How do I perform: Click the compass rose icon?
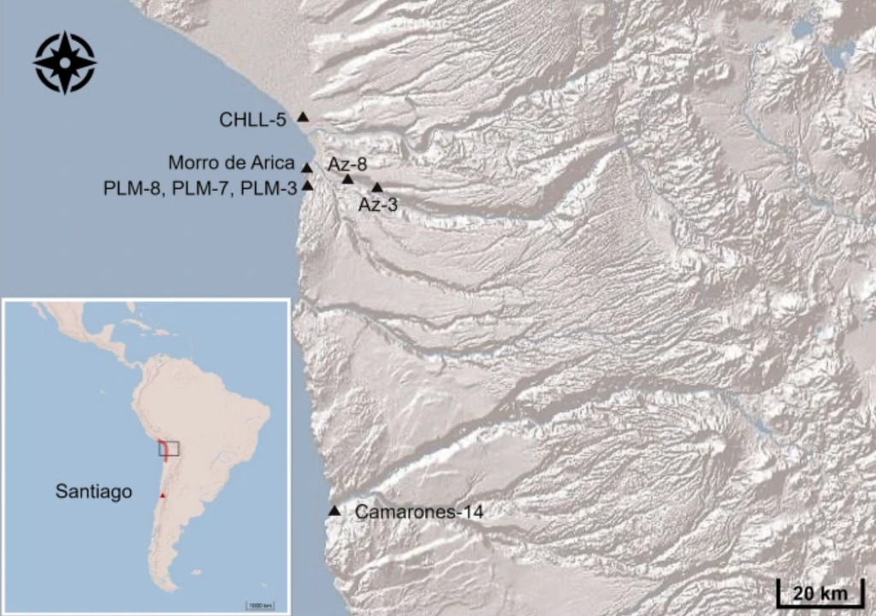(x=65, y=62)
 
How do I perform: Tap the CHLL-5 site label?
(x=252, y=120)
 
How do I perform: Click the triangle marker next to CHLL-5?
(x=302, y=116)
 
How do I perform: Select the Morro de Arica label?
(x=231, y=163)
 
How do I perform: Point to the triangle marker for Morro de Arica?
(x=307, y=168)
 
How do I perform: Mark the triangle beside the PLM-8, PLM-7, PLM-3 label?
(x=308, y=186)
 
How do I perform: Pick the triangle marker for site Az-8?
(x=347, y=179)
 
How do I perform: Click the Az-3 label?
(x=377, y=205)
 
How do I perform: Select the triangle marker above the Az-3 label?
(x=376, y=187)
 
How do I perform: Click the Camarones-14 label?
(x=419, y=512)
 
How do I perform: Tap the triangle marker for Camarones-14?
(x=334, y=511)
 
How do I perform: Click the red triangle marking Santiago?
(x=162, y=495)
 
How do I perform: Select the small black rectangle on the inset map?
(x=169, y=448)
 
